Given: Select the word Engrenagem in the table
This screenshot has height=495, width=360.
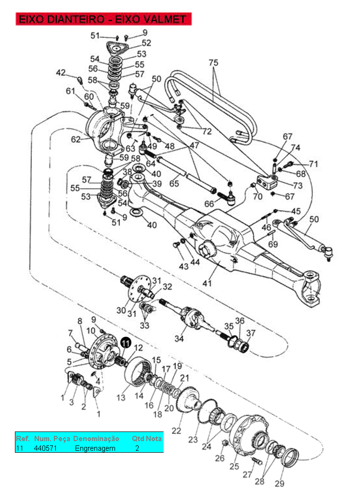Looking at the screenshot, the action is pyautogui.click(x=95, y=448).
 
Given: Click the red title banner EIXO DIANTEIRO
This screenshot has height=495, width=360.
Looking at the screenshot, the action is pyautogui.click(x=103, y=19).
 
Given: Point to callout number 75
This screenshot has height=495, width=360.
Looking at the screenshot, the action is pyautogui.click(x=214, y=63).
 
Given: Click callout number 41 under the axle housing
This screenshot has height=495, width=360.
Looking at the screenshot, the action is pyautogui.click(x=207, y=283).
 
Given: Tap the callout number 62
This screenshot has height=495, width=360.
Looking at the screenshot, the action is pyautogui.click(x=76, y=139).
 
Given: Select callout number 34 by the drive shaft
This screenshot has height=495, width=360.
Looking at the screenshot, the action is pyautogui.click(x=179, y=339).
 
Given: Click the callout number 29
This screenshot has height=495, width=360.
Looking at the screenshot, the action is pyautogui.click(x=280, y=483).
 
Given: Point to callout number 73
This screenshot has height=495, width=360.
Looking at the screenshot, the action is pyautogui.click(x=297, y=185).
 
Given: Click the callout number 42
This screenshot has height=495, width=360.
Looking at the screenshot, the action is pyautogui.click(x=61, y=73).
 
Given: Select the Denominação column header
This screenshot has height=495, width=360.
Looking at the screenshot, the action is pyautogui.click(x=96, y=439).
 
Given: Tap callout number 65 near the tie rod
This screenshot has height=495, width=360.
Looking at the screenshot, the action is pyautogui.click(x=174, y=183).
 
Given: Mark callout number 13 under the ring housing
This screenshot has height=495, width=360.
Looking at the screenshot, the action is pyautogui.click(x=121, y=397).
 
